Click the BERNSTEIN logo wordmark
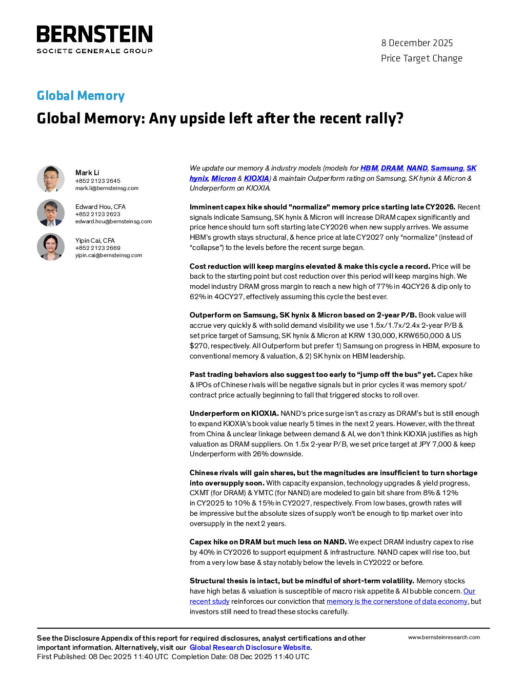[x=94, y=34]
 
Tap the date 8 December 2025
[x=417, y=43]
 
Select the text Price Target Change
[x=421, y=58]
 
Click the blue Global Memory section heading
[x=81, y=95]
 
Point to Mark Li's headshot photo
[x=51, y=179]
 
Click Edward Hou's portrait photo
[x=51, y=213]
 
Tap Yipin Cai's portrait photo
[x=51, y=247]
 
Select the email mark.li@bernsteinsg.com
[x=107, y=188]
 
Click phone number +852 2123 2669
[x=98, y=248]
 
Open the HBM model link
[x=369, y=168]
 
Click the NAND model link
[x=417, y=168]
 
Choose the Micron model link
[x=224, y=179]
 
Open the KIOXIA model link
[x=256, y=179]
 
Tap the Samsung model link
[x=447, y=168]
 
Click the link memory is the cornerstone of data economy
[x=397, y=602]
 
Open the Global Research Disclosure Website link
[x=250, y=648]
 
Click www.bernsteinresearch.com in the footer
[x=444, y=638]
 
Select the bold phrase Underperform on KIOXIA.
[x=234, y=413]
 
